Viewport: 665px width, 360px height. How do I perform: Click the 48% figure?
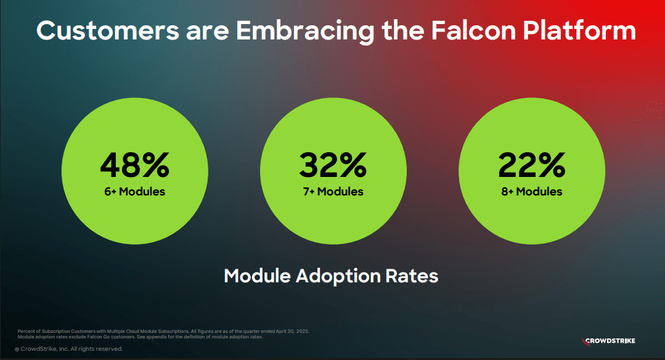pos(134,165)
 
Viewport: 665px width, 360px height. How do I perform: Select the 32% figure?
pos(333,165)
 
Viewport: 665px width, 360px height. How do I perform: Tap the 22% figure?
pos(531,165)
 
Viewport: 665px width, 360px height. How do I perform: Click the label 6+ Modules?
pos(134,192)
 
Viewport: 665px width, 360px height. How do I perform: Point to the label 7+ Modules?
pos(333,192)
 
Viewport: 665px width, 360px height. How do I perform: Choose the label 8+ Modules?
pos(531,192)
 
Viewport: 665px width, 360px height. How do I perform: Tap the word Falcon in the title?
pos(476,31)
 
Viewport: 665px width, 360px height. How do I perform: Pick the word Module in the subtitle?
pos(256,276)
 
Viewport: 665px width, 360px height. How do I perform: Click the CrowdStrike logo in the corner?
pos(608,341)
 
